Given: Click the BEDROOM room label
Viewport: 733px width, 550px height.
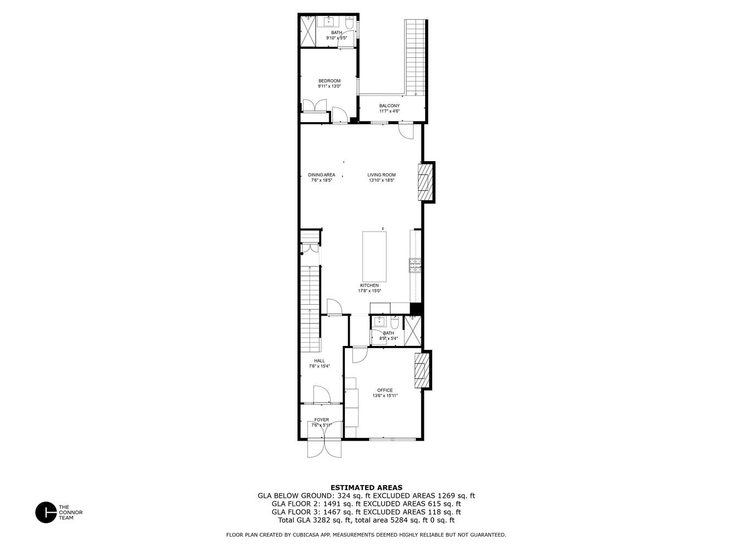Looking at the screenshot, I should click(x=329, y=81).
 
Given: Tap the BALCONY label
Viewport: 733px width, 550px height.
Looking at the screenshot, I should click(x=389, y=106).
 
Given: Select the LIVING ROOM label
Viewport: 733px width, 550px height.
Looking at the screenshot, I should click(x=382, y=175).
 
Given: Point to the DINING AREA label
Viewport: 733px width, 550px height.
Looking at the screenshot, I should click(x=321, y=175).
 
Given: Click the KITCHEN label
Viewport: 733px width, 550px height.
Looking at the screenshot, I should click(x=369, y=285).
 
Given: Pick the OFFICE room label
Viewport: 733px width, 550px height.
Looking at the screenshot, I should click(x=385, y=390).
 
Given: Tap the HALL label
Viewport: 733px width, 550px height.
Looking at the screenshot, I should click(x=319, y=361).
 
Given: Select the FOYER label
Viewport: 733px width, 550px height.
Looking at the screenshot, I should click(x=321, y=420).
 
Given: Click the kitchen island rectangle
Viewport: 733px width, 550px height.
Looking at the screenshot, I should click(x=374, y=256).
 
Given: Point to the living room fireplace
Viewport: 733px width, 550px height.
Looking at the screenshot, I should click(x=425, y=182).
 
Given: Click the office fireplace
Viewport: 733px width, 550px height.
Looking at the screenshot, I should click(x=421, y=370).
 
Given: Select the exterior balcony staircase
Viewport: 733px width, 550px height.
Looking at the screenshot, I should click(x=416, y=58).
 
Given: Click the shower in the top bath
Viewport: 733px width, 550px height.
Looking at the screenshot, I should click(x=307, y=31).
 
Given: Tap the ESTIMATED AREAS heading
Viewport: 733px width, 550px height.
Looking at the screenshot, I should click(x=366, y=487).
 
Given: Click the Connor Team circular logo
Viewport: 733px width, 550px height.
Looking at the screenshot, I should click(x=46, y=512).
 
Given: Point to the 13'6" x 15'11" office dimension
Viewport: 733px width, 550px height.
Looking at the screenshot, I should click(x=385, y=395).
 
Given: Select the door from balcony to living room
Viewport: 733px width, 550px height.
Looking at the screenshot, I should click(x=406, y=131).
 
